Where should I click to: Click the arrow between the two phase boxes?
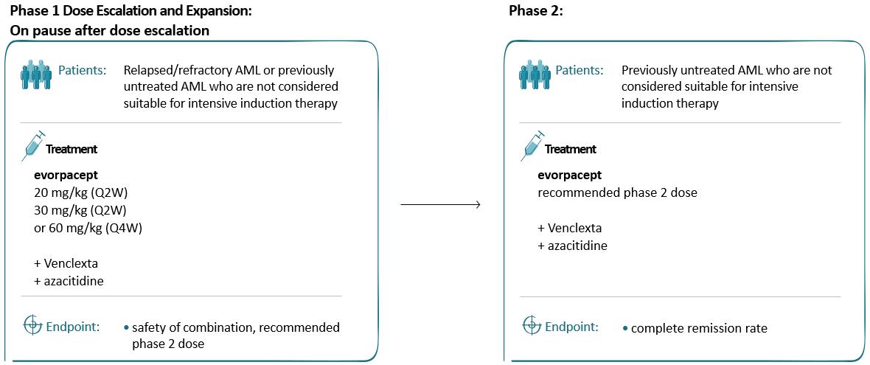(x=440, y=205)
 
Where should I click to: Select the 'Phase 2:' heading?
(x=536, y=12)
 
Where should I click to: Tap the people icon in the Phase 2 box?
(x=535, y=74)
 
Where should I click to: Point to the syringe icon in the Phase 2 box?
(x=532, y=146)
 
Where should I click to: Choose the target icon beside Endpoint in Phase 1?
(x=32, y=325)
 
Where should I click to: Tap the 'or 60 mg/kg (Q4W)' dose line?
(x=88, y=229)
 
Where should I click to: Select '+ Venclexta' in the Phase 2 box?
(x=569, y=229)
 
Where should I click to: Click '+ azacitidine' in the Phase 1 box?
(x=69, y=281)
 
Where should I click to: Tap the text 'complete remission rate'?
(x=699, y=328)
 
